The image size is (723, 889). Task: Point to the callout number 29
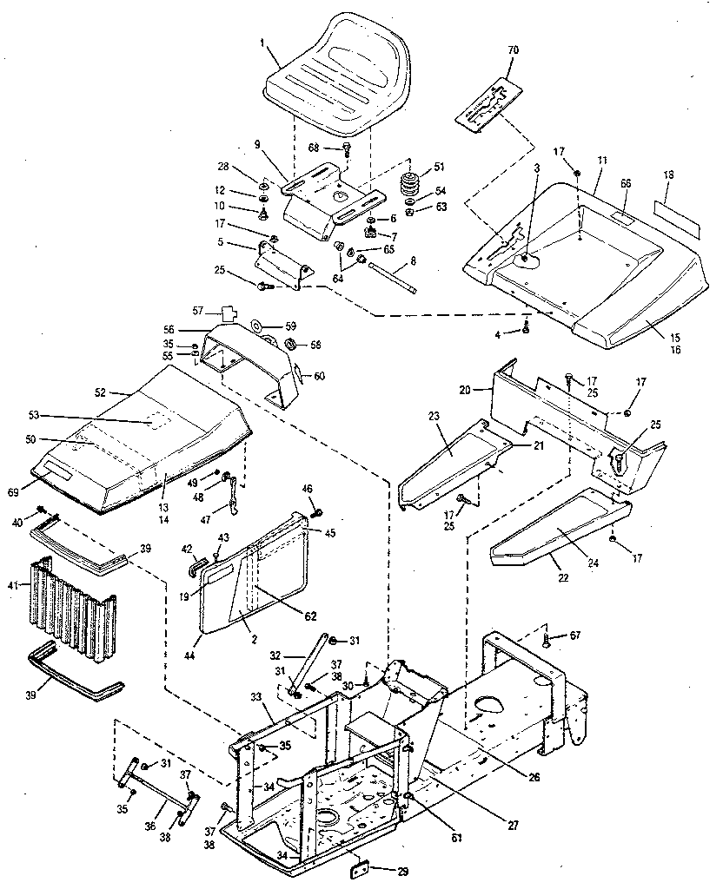[401, 870]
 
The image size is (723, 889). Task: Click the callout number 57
[197, 309]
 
